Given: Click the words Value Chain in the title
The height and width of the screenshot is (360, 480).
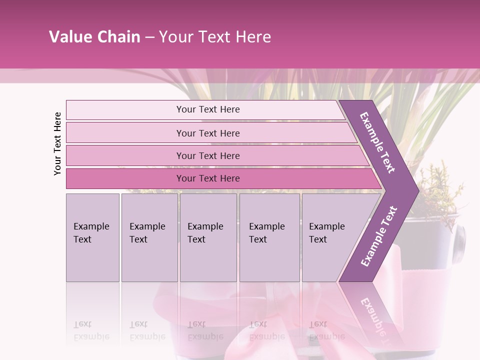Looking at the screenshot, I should pyautogui.click(x=94, y=37).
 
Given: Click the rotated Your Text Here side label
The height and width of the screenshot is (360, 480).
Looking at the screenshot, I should pyautogui.click(x=57, y=143).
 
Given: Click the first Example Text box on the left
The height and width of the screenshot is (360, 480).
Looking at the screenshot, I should pyautogui.click(x=92, y=237).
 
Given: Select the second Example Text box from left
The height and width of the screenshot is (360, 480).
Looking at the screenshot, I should pyautogui.click(x=149, y=237).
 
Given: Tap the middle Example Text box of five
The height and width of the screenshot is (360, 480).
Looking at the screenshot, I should pyautogui.click(x=208, y=237).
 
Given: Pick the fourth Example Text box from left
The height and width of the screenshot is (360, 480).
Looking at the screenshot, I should pyautogui.click(x=269, y=237).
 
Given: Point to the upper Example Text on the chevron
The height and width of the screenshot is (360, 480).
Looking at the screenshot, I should pyautogui.click(x=378, y=142).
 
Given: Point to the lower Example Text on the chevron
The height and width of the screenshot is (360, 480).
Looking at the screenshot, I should pyautogui.click(x=379, y=236).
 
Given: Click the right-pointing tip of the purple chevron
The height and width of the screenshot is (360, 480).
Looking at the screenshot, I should pyautogui.click(x=416, y=191).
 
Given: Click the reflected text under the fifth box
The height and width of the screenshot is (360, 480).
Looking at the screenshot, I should pyautogui.click(x=326, y=330).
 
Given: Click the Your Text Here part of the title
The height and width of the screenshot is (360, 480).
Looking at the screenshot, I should pyautogui.click(x=215, y=37).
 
